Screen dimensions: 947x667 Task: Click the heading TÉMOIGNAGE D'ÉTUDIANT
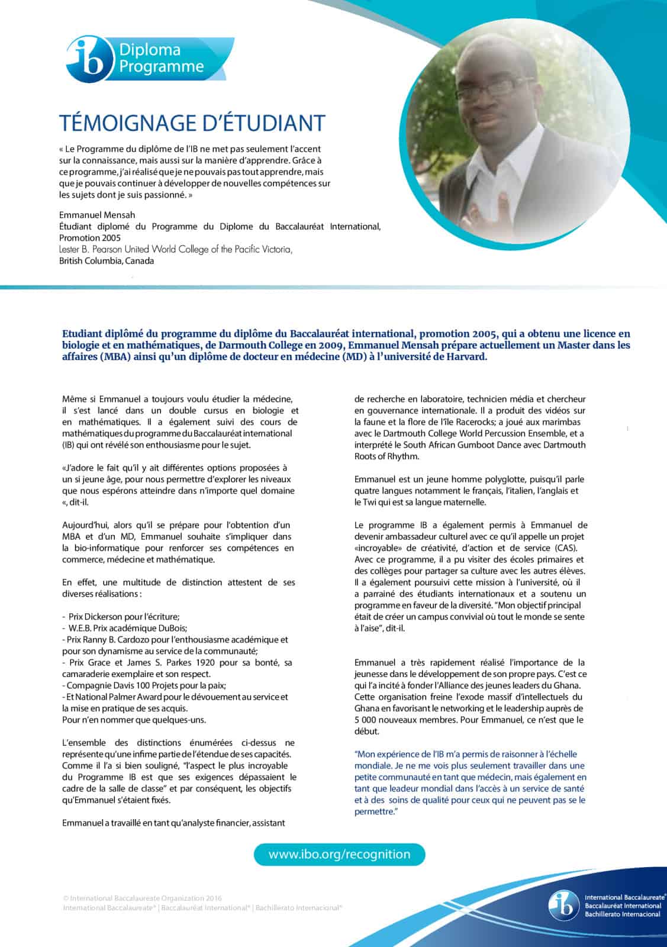coord(192,123)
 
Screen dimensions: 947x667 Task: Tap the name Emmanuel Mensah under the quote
coord(97,215)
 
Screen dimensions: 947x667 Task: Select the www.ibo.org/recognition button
coord(339,855)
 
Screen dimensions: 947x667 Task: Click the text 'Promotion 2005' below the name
coord(89,238)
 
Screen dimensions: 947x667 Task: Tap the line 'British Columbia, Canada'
coord(107,261)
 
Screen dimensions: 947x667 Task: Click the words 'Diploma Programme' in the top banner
coord(161,59)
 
